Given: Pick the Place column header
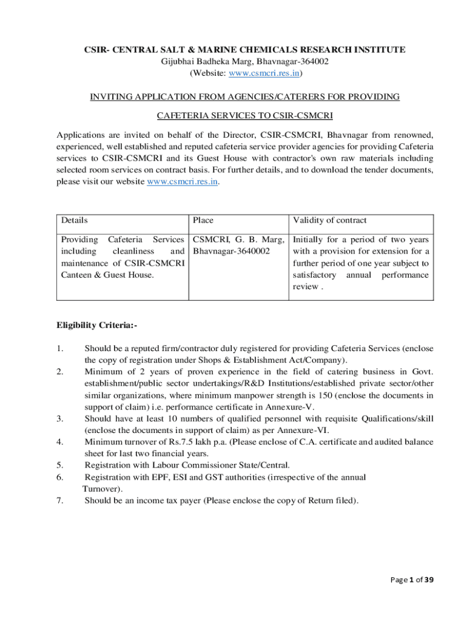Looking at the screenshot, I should pos(203,221).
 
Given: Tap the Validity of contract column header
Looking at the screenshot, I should pos(330,221).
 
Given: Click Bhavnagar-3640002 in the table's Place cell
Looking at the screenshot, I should pos(231,251).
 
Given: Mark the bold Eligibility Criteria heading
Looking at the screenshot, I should pos(97,326).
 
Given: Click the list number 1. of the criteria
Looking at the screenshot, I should pos(59,348).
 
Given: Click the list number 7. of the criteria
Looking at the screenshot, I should pos(59,501).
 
